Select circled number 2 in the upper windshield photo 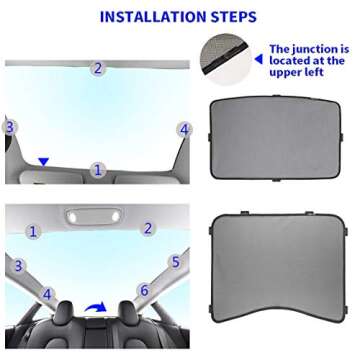coord(97,68)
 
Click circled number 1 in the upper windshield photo coord(97,170)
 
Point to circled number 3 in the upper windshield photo coord(10,127)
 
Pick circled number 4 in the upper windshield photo coord(183,129)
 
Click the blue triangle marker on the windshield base coord(42,160)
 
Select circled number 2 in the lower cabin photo coord(148,228)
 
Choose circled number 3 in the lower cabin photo coord(18,265)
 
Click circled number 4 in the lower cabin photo coord(46,294)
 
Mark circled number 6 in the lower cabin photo coord(143,291)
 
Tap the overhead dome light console coord(90,215)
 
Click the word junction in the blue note coord(315,48)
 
